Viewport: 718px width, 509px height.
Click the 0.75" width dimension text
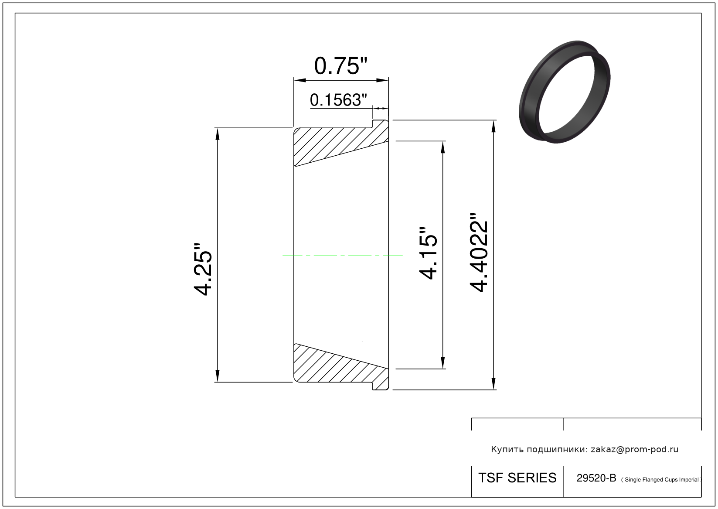[x=340, y=66]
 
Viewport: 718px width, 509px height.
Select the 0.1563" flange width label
[x=338, y=100]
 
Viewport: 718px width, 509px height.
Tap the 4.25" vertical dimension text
[x=203, y=269]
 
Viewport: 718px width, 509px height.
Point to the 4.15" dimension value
[x=428, y=253]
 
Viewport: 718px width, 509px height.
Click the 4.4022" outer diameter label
[x=479, y=253]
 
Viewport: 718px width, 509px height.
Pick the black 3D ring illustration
[x=565, y=92]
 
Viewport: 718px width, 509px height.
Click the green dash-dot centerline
[x=342, y=255]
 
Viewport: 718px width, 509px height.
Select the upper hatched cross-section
[x=341, y=143]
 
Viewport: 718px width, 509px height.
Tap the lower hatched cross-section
[x=341, y=367]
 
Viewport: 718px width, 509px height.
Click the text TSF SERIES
[x=517, y=478]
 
